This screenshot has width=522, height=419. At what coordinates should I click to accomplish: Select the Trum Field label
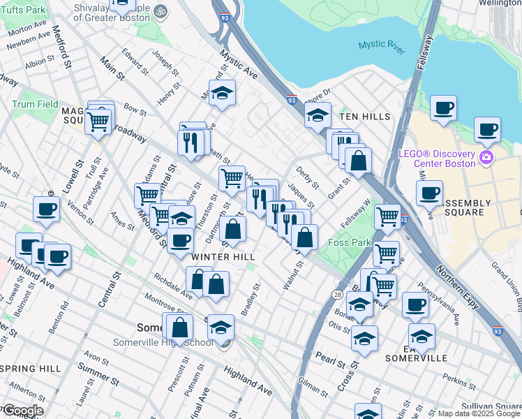point(35,104)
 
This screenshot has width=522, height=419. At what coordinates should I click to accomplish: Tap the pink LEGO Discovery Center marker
point(485,159)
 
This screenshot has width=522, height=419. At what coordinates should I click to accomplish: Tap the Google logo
point(22,411)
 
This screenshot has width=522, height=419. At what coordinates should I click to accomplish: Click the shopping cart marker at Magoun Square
point(98,121)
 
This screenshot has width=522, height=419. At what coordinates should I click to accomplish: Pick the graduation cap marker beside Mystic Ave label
point(222,94)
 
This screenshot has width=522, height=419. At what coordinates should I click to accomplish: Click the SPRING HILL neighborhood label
point(31,368)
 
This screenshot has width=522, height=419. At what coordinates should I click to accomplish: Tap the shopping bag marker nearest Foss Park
point(304,237)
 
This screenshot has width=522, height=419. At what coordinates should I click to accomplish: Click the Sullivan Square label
point(495,405)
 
